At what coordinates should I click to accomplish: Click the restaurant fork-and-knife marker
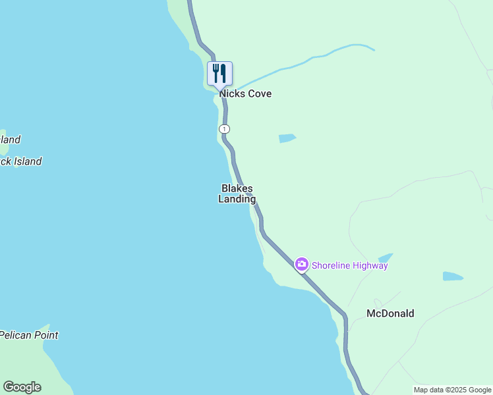(x=219, y=73)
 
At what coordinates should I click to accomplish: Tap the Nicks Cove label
(x=245, y=94)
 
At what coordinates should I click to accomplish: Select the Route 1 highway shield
(x=225, y=128)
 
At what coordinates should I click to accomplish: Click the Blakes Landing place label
(x=237, y=194)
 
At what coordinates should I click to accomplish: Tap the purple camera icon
(x=301, y=265)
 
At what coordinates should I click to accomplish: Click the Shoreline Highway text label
(x=350, y=266)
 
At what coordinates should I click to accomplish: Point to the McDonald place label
(x=390, y=314)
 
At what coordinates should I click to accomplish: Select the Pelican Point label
(x=29, y=335)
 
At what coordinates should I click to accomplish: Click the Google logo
(x=22, y=387)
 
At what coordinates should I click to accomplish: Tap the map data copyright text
(x=453, y=390)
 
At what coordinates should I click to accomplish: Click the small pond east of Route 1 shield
(x=287, y=138)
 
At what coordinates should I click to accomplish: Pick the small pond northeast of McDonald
(x=452, y=276)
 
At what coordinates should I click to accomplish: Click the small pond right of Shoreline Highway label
(x=386, y=257)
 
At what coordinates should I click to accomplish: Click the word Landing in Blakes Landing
(x=237, y=199)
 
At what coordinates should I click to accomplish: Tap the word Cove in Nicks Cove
(x=258, y=94)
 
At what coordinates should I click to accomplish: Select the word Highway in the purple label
(x=369, y=266)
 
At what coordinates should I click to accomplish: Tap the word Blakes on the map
(x=237, y=188)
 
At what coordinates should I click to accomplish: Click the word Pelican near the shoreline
(x=14, y=335)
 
